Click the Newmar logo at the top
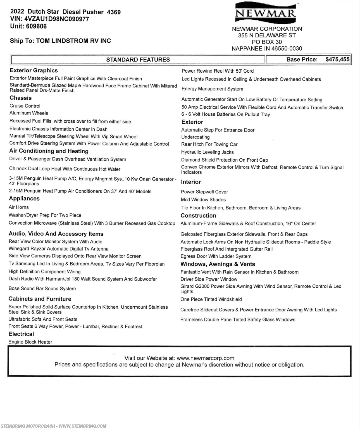pyautogui.click(x=265, y=13)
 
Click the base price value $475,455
pyautogui.click(x=337, y=59)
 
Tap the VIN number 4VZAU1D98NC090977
pyautogui.click(x=57, y=19)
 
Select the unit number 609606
pyautogui.click(x=36, y=27)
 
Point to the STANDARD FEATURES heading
pyautogui.click(x=138, y=60)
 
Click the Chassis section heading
pyautogui.click(x=21, y=98)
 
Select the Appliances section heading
pyautogui.click(x=24, y=199)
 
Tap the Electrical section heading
pyautogui.click(x=21, y=334)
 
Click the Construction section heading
pyautogui.click(x=198, y=216)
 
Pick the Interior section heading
pyautogui.click(x=191, y=182)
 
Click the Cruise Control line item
pyautogui.click(x=25, y=106)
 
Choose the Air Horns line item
pyautogui.click(x=19, y=207)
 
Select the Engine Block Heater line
pyautogui.click(x=30, y=342)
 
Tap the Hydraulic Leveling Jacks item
pyautogui.click(x=208, y=152)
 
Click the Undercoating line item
pyautogui.click(x=196, y=137)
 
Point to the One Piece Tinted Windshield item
pyautogui.click(x=211, y=299)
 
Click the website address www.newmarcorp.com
pyautogui.click(x=206, y=358)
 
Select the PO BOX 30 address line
pyautogui.click(x=267, y=42)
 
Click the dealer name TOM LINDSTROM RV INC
pyautogui.click(x=73, y=41)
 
